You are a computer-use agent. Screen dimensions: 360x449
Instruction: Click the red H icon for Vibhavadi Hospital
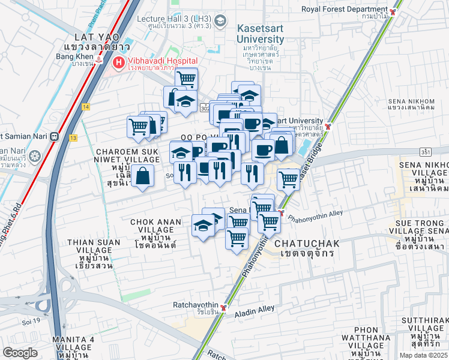pos(119,62)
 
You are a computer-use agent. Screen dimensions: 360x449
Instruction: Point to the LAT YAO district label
pos(91,37)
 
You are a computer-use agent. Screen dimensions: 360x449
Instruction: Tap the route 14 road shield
pos(86,106)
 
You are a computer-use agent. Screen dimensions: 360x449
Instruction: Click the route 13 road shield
pos(73,137)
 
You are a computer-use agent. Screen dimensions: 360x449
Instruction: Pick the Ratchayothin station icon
pos(223,308)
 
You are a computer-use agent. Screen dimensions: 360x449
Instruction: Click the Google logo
pos(20,352)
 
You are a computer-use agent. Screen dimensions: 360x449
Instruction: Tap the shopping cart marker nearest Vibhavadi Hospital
pos(187,77)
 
